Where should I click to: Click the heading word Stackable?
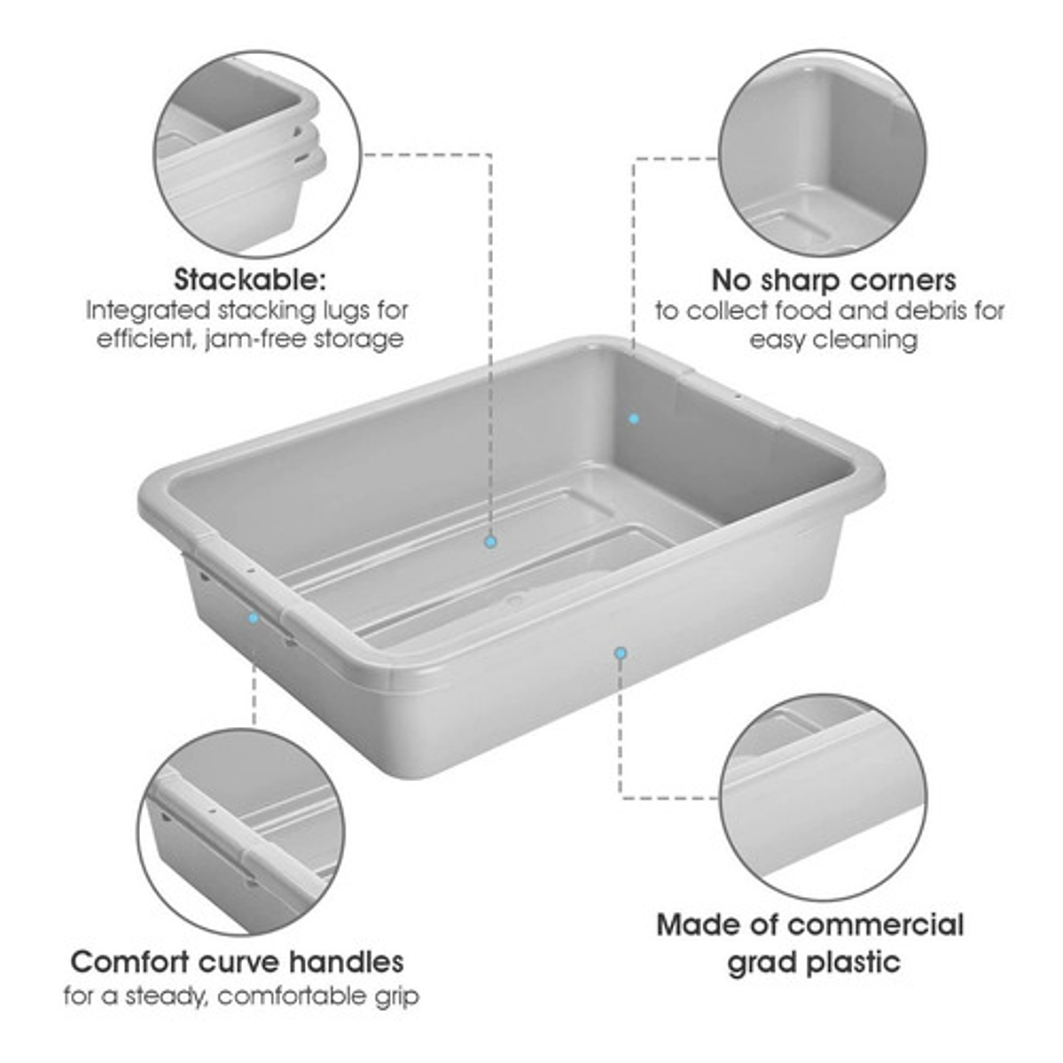click(x=250, y=279)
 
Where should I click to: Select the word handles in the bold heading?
click(x=347, y=962)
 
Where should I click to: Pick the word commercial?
click(x=876, y=925)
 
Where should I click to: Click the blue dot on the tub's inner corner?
click(x=634, y=419)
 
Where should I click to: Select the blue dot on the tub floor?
click(x=491, y=542)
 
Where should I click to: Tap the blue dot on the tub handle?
click(x=254, y=618)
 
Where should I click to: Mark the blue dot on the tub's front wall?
click(x=621, y=653)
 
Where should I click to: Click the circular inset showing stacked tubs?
click(x=257, y=153)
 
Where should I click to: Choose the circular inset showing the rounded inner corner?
click(x=823, y=152)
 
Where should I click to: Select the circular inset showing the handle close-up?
click(x=240, y=832)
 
